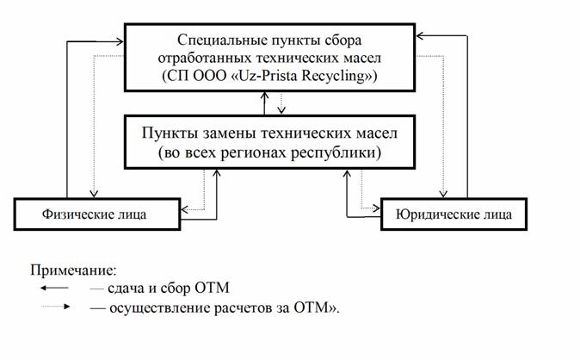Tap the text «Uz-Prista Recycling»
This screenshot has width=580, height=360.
(302, 76)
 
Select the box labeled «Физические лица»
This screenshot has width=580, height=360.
(97, 214)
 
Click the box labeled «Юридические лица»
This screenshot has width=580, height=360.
(454, 214)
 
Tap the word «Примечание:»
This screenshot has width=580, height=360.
(73, 270)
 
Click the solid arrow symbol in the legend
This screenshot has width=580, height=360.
(54, 288)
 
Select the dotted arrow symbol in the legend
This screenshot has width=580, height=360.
(55, 307)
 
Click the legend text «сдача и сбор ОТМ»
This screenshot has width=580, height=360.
(169, 288)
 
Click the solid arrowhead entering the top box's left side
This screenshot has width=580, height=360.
(120, 42)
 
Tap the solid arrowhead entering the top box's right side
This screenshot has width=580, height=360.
(420, 36)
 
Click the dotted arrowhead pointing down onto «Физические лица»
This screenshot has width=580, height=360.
(94, 194)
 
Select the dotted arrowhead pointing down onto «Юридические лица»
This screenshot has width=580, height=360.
(443, 194)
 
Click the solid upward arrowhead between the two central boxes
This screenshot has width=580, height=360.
(264, 96)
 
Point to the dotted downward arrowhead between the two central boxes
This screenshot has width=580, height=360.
(281, 110)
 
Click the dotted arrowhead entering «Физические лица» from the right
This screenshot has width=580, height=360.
(185, 209)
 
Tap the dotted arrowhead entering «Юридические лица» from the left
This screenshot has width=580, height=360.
(376, 208)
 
